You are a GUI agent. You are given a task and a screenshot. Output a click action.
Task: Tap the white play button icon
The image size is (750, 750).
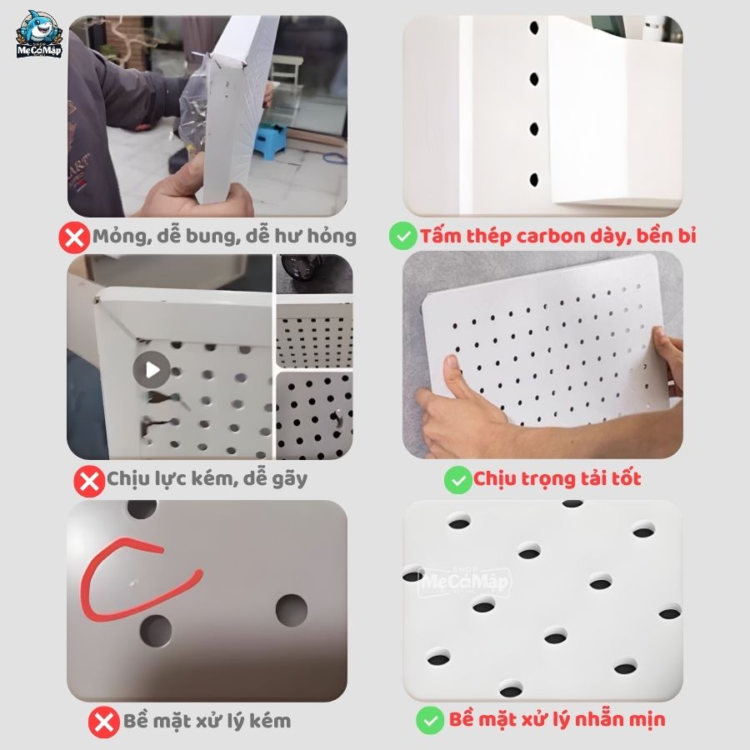coord(152,369)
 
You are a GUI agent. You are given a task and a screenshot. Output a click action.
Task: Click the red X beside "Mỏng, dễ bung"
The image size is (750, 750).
coord(74,237)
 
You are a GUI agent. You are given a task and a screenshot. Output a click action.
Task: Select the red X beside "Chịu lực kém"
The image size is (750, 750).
coord(89,481)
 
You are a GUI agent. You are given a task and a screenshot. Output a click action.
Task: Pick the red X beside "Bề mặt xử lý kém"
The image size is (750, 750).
coord(104,722)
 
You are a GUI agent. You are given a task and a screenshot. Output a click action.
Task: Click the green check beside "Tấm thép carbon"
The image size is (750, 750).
coord(402,237)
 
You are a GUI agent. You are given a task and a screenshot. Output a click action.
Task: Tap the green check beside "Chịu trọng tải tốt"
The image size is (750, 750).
coord(458,480)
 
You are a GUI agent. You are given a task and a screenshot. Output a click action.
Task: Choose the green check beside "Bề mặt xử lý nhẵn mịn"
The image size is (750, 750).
coord(430,720)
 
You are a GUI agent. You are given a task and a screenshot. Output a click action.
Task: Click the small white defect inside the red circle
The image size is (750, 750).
coord(133,583)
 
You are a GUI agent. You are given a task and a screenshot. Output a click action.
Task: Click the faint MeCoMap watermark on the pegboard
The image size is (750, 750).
coord(465,581)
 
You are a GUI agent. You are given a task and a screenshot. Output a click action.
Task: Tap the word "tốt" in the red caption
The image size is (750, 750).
coord(624,478)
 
